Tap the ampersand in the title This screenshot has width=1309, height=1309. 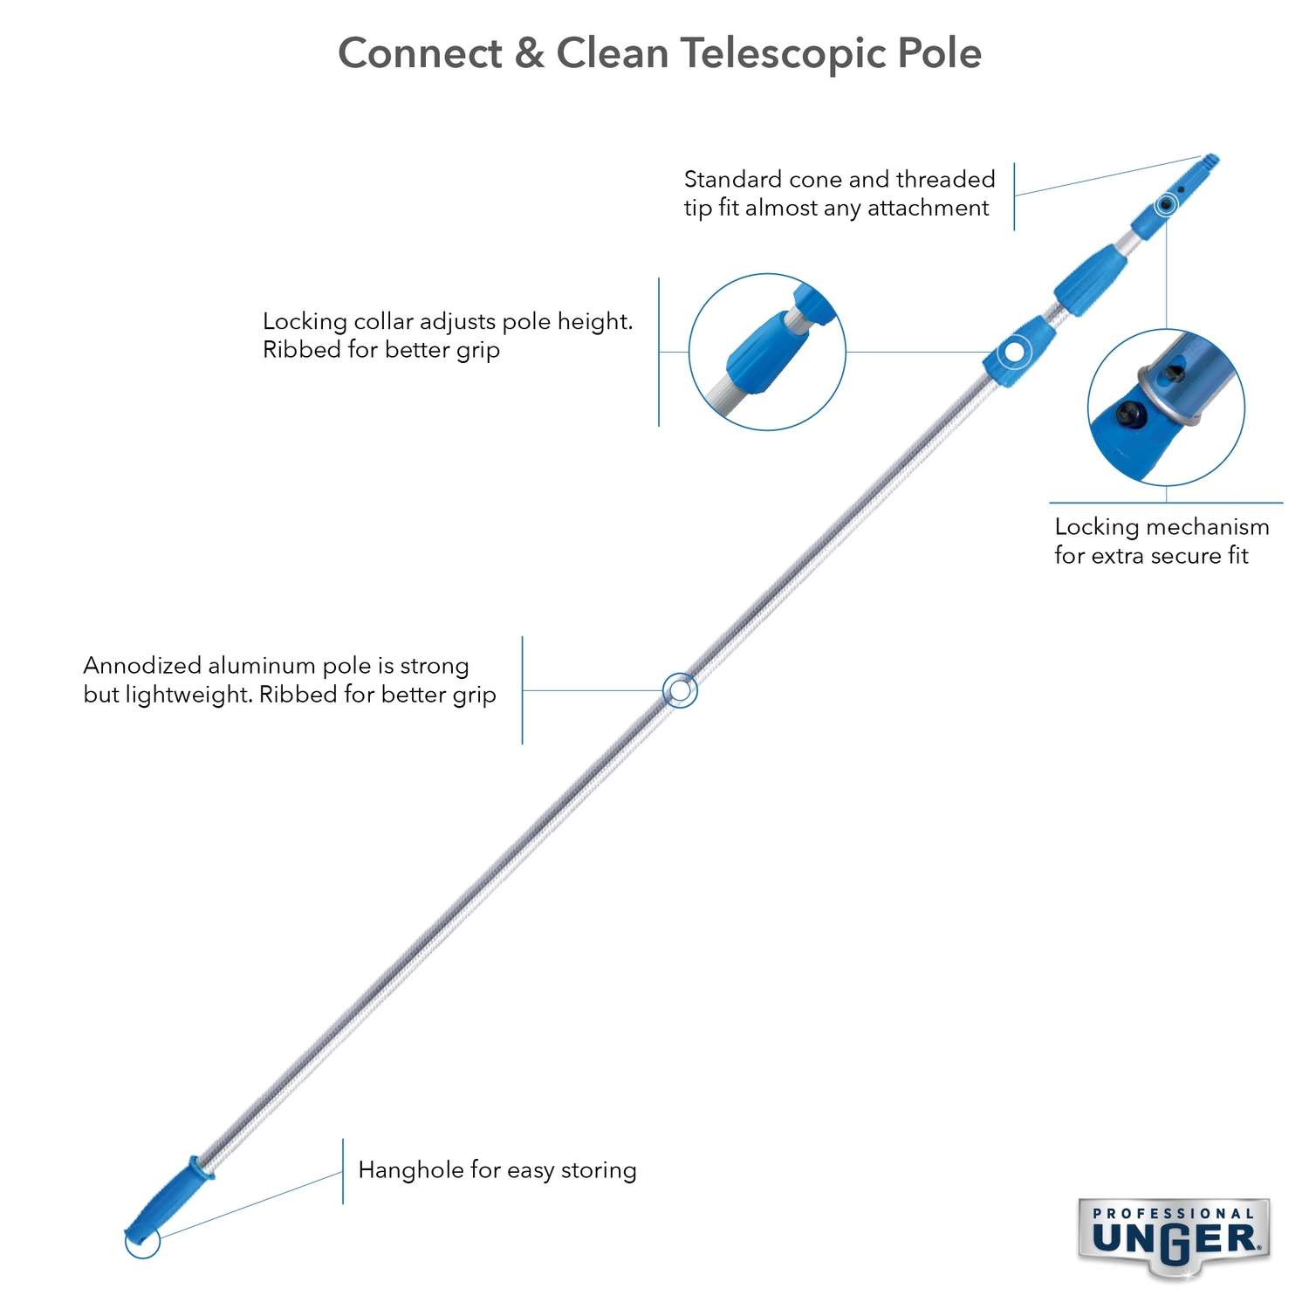[x=529, y=54]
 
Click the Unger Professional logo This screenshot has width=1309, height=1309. [x=1174, y=1237]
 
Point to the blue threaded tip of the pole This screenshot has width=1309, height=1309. [x=1208, y=162]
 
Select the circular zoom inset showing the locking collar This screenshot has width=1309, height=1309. [x=767, y=352]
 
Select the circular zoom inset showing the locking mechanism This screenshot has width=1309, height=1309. [x=1166, y=407]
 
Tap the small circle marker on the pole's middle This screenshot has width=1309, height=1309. [x=680, y=690]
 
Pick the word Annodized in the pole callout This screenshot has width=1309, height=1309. [x=141, y=666]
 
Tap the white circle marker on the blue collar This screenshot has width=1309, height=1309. [x=1013, y=351]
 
